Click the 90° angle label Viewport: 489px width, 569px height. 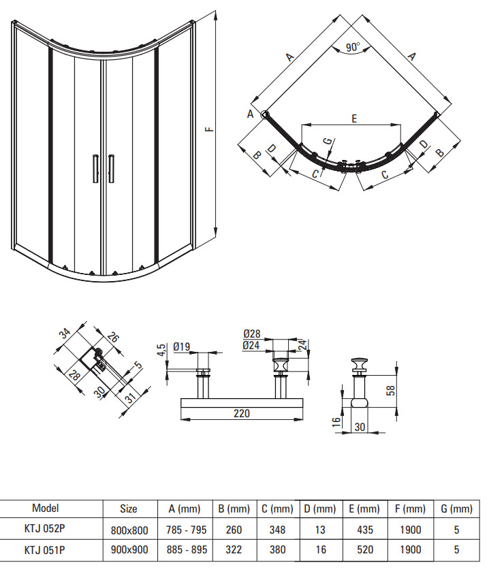353,47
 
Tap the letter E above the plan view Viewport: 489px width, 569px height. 354,118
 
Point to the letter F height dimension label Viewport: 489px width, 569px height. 210,129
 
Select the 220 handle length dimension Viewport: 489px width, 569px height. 242,413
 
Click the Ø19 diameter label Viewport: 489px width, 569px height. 182,347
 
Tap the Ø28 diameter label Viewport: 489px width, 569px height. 251,334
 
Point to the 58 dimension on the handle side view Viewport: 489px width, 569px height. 391,390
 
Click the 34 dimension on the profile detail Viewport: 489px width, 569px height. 65,333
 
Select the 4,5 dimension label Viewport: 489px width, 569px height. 162,351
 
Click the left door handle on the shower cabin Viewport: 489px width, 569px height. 95,168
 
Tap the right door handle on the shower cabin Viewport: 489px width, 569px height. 112,169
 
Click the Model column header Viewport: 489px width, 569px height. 46,508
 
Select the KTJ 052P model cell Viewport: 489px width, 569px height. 45,528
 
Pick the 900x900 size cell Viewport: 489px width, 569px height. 129,550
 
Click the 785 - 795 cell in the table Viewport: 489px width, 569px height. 186,530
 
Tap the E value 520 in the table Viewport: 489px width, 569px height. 365,550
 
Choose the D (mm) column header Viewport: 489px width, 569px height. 320,508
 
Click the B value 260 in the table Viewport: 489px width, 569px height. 234,530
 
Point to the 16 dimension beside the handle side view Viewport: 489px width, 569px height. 336,422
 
